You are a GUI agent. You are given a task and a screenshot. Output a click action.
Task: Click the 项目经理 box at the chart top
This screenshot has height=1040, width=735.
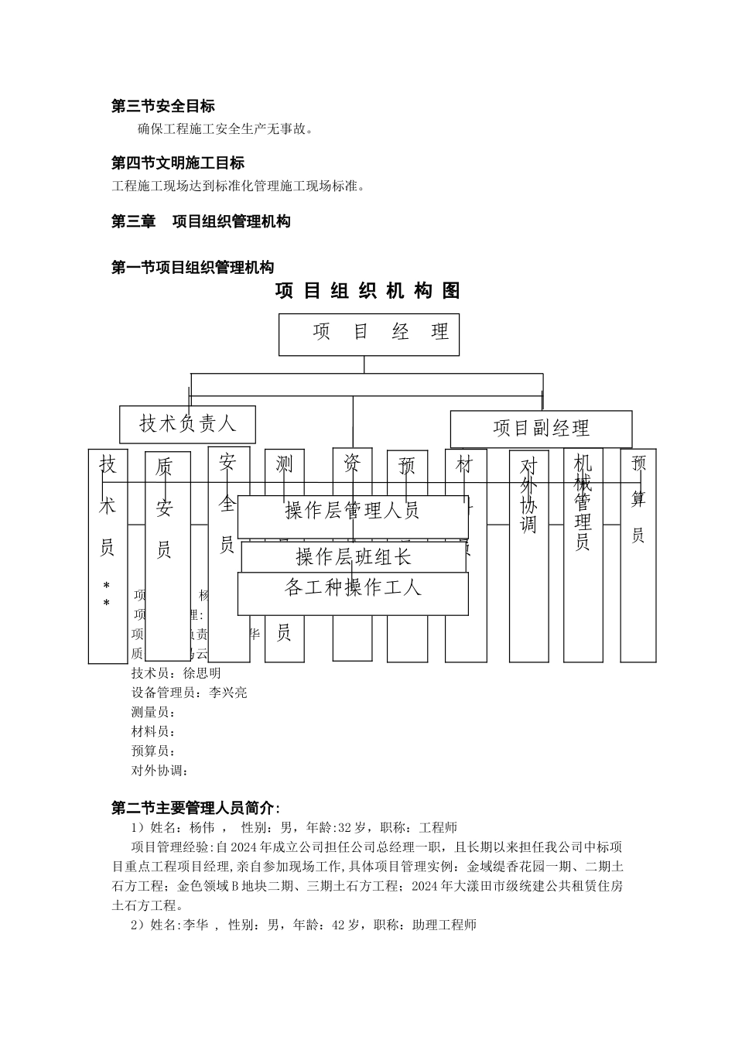(368, 334)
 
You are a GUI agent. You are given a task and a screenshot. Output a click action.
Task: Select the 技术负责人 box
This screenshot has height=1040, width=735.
(187, 423)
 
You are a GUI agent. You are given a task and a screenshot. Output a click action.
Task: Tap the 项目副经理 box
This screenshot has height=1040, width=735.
(541, 429)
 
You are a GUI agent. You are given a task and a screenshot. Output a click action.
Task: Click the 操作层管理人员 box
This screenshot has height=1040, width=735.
(352, 511)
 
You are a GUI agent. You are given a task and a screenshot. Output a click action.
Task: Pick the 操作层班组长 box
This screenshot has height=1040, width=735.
(354, 556)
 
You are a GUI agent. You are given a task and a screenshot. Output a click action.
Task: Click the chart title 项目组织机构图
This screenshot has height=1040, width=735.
(367, 291)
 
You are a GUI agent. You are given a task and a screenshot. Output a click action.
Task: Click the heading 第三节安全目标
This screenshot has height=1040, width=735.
(163, 107)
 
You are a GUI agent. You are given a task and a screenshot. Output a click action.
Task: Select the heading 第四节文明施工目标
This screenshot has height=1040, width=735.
(178, 163)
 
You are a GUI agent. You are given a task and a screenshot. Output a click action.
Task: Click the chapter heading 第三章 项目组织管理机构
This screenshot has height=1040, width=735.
(201, 222)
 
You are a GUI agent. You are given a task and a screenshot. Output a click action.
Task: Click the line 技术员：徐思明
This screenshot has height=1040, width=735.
(176, 673)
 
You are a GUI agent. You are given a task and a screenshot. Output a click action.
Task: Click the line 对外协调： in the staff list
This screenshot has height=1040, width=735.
(160, 771)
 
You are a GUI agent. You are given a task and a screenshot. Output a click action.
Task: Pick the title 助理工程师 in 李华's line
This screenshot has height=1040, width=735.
(444, 925)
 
